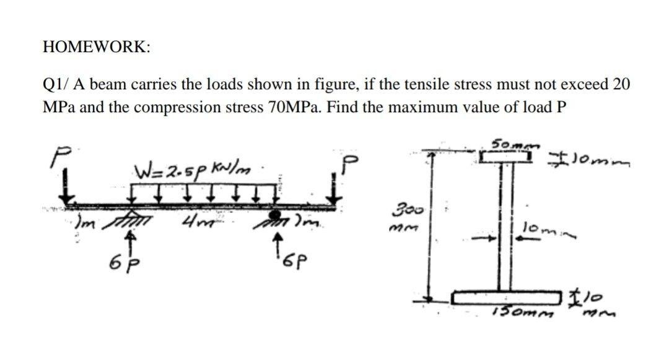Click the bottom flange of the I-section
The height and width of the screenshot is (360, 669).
[510, 298]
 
